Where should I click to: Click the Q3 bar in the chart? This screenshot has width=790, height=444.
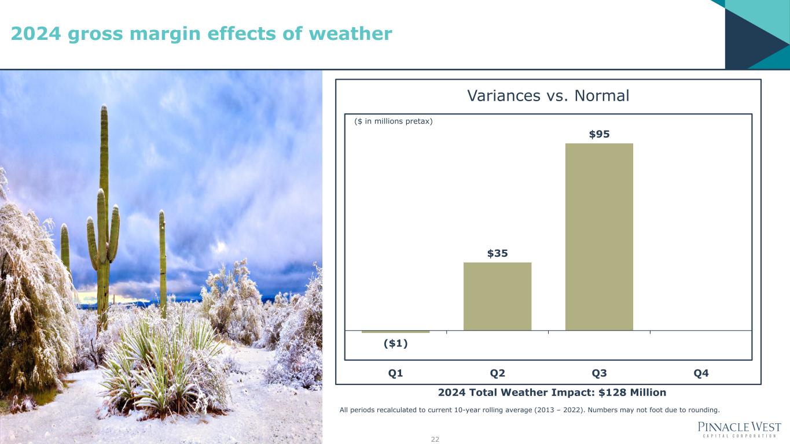(x=599, y=237)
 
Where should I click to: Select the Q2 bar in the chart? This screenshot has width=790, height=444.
(x=497, y=297)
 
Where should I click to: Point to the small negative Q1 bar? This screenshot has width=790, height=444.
(x=395, y=332)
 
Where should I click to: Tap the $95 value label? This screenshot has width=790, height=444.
(x=599, y=134)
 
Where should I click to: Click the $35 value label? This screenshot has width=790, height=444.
(x=497, y=253)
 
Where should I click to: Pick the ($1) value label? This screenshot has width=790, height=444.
(x=396, y=343)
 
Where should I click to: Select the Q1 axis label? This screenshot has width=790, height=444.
(x=395, y=373)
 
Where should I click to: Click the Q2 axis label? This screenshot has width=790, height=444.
(x=497, y=373)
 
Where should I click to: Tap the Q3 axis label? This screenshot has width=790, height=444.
(x=599, y=373)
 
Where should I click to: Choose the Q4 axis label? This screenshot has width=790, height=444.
(x=701, y=373)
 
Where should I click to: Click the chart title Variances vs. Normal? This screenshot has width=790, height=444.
(x=548, y=95)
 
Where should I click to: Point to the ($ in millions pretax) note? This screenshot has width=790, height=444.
(x=393, y=121)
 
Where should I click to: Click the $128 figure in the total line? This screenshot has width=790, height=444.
(x=612, y=393)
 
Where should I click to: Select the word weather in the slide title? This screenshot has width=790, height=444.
(x=350, y=34)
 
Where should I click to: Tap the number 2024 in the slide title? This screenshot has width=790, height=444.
(x=36, y=34)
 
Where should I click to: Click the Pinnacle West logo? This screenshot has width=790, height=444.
(x=739, y=430)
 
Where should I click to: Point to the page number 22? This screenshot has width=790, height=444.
(x=435, y=439)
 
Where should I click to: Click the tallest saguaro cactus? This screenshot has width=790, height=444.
(x=104, y=219)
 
